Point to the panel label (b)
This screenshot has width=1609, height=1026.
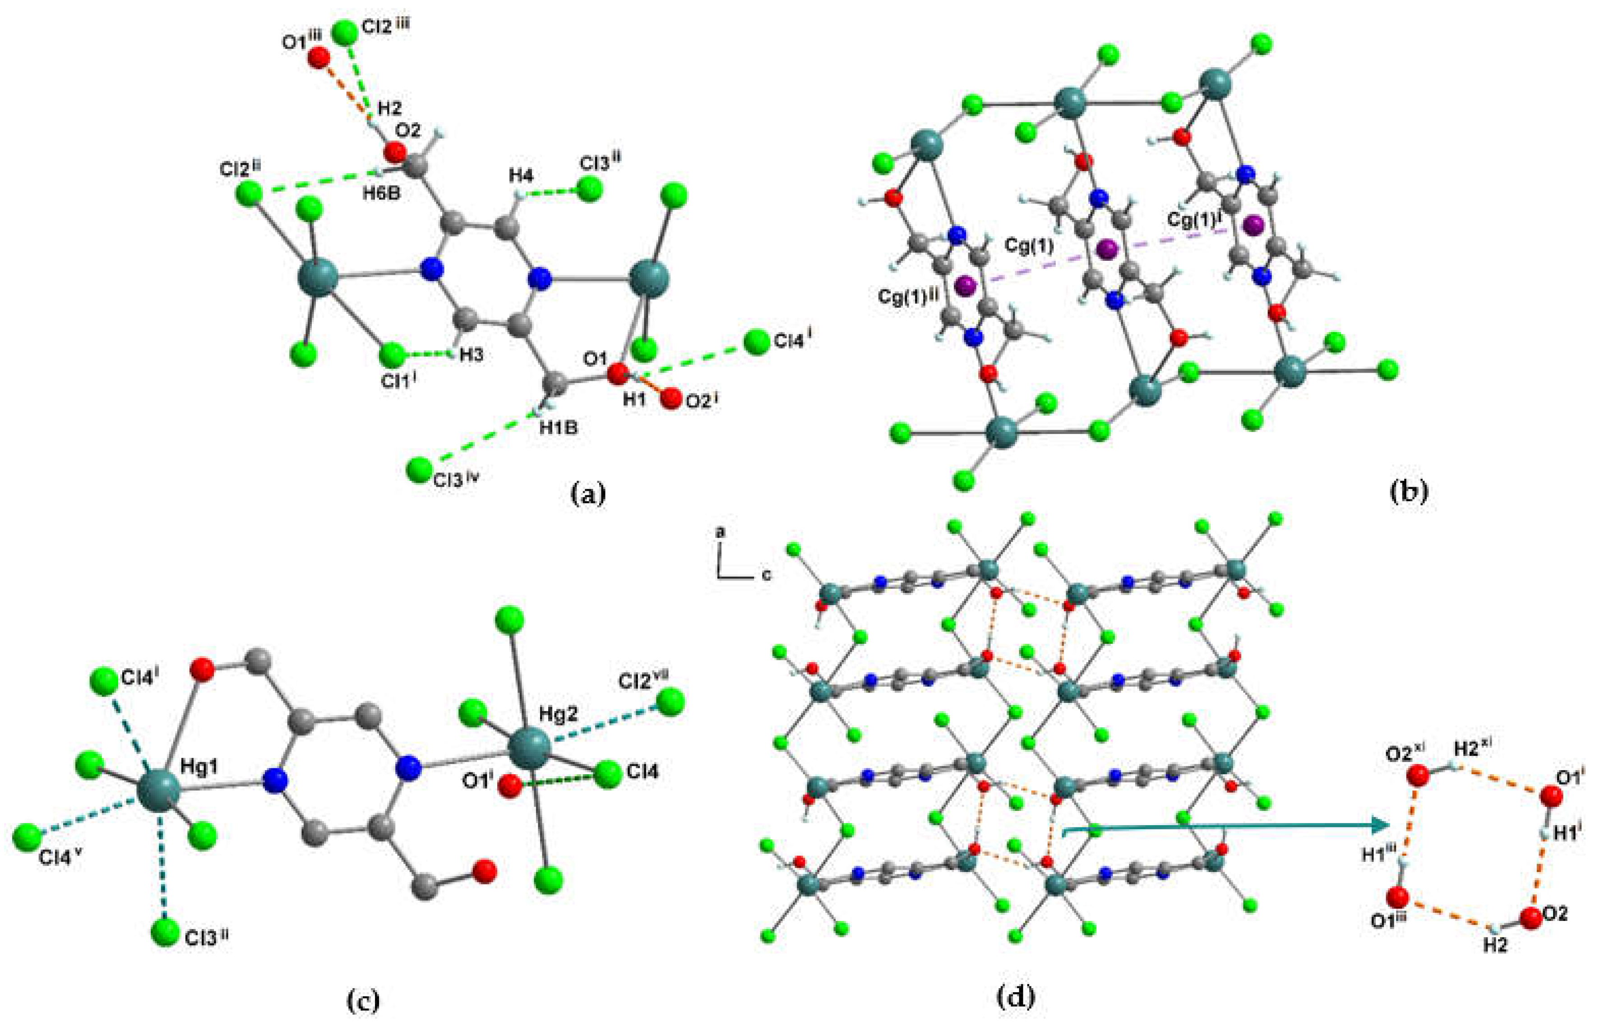1408,491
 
